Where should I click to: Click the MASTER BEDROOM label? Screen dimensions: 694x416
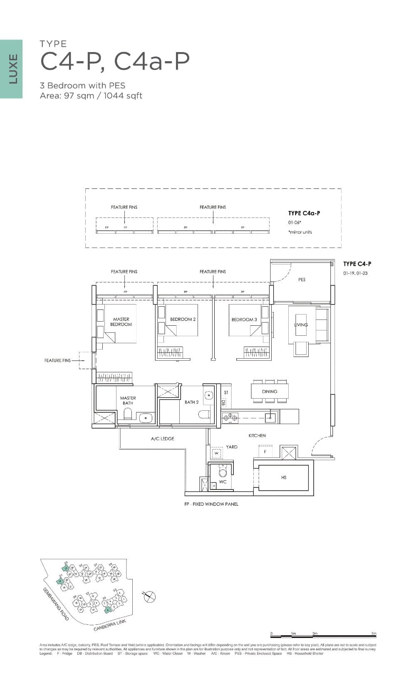click(121, 322)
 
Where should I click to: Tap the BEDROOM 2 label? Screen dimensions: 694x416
click(183, 320)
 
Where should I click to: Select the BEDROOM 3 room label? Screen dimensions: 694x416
click(244, 320)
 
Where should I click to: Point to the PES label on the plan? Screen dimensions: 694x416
click(302, 280)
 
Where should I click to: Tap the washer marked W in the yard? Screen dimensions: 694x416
click(216, 453)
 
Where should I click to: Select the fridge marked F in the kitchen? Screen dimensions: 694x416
click(265, 452)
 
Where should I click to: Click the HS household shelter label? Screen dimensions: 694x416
click(284, 477)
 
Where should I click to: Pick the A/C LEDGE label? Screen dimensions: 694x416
click(162, 439)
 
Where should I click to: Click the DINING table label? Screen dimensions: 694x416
click(270, 392)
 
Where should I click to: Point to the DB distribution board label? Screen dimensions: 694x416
click(223, 403)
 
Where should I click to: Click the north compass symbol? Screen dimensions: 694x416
click(149, 597)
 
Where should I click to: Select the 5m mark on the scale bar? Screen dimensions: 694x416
click(374, 634)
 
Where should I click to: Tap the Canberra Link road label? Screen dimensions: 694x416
click(109, 625)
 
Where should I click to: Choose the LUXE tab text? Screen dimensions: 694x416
click(13, 69)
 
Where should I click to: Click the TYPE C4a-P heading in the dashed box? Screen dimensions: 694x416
click(304, 213)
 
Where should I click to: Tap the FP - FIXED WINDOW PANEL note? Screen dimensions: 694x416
click(211, 504)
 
